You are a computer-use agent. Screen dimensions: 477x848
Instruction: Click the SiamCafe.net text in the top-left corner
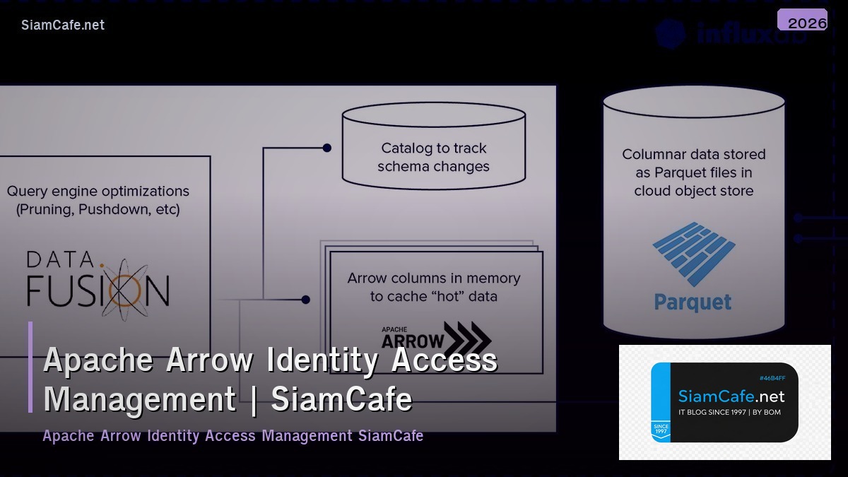pos(63,25)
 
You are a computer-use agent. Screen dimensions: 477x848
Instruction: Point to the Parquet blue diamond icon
pos(694,254)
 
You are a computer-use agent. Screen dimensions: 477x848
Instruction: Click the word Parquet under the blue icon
pos(693,302)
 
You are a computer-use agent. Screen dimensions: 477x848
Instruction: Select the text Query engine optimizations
pos(98,192)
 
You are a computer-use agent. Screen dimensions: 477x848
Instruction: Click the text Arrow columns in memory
pos(433,278)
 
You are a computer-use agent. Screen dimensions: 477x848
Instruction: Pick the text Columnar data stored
pos(693,154)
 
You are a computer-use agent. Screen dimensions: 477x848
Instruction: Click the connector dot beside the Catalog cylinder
pos(326,148)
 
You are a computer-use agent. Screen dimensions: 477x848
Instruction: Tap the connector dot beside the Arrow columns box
pos(305,300)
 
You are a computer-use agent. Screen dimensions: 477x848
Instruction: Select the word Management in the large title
pos(140,399)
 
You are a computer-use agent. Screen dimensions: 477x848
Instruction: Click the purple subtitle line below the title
pos(232,435)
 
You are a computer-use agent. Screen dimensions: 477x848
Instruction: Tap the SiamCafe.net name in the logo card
pos(731,396)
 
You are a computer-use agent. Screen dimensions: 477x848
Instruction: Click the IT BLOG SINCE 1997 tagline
pos(729,412)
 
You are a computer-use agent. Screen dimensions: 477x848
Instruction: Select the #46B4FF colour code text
pos(772,378)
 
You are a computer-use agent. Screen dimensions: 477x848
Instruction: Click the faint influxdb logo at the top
pos(731,34)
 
